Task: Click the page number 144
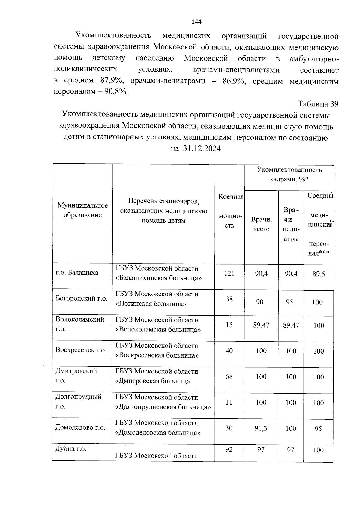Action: [x=196, y=22]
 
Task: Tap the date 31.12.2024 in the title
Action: [x=201, y=148]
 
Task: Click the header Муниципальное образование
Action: [x=82, y=210]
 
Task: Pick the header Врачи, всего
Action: [x=261, y=224]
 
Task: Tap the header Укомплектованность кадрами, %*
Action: [x=289, y=174]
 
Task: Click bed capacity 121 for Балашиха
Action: [x=229, y=273]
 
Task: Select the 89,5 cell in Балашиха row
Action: [x=319, y=274]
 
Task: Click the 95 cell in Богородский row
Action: [x=289, y=302]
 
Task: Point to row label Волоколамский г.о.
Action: [x=80, y=324]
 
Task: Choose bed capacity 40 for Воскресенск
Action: [x=229, y=351]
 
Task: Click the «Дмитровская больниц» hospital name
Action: [x=153, y=382]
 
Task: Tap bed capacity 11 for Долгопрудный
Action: [x=229, y=402]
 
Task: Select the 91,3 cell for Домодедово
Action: [x=261, y=428]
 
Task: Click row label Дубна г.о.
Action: [x=71, y=449]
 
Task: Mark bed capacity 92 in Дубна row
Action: [x=229, y=450]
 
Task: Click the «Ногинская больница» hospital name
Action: [x=151, y=304]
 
